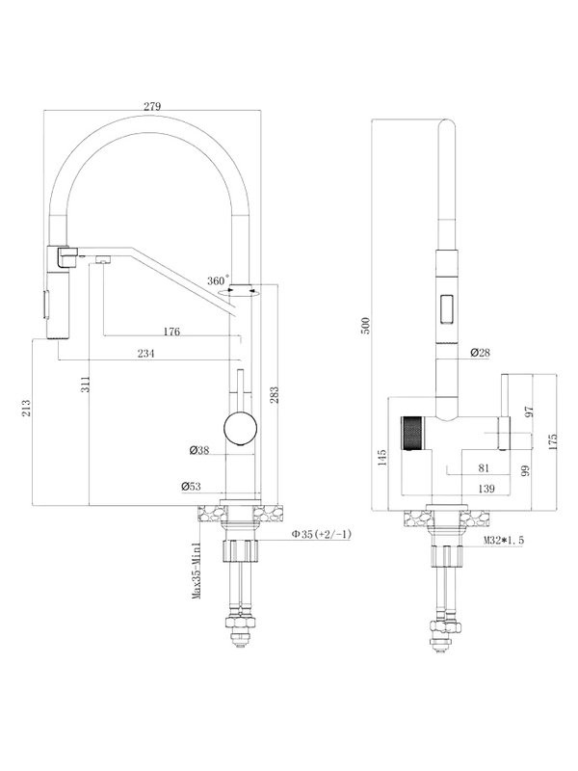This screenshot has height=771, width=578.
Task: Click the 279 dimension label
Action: click(152, 106)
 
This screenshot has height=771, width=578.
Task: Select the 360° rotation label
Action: click(218, 280)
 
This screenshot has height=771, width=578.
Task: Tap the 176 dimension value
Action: click(171, 331)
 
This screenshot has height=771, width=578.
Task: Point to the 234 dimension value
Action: click(145, 354)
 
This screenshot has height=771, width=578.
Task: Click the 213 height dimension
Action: click(26, 408)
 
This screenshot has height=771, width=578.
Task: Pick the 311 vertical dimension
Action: click(86, 384)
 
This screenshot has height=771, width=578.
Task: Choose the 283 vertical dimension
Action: click(275, 395)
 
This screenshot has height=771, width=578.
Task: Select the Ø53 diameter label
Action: click(192, 487)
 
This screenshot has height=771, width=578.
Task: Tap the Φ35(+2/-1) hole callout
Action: click(322, 535)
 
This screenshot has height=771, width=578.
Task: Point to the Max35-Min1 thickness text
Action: click(197, 571)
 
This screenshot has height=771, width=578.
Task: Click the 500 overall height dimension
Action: click(365, 326)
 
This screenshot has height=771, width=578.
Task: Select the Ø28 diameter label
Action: click(480, 352)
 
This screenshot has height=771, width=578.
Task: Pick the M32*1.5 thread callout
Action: click(503, 540)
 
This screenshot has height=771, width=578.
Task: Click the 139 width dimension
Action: click(486, 489)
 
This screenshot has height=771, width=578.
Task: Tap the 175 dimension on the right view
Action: click(553, 442)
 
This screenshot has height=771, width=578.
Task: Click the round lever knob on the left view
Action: click(240, 428)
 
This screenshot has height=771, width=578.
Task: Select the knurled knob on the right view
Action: click(412, 433)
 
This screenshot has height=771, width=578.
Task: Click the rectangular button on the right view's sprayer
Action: click(448, 308)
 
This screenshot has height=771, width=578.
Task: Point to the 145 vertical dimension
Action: click(383, 457)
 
